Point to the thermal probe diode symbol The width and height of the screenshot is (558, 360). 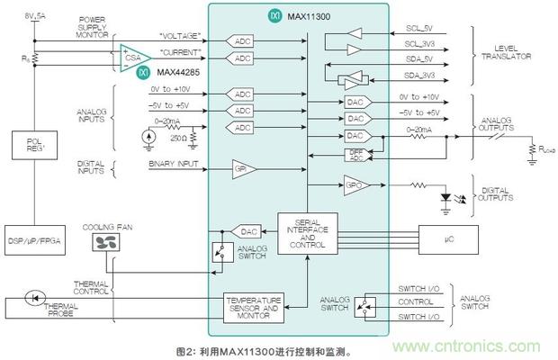pos(36,294)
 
